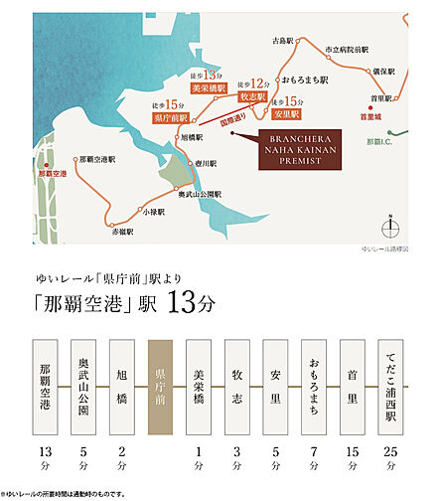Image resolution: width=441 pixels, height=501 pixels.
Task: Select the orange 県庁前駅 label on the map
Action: [170, 117]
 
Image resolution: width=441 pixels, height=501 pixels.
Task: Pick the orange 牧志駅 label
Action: [254, 98]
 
